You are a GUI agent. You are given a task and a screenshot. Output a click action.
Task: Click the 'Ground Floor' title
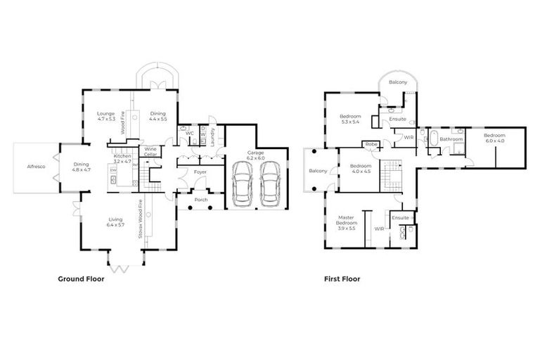pyautogui.click(x=81, y=279)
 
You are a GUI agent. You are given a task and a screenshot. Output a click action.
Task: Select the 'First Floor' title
pyautogui.click(x=342, y=279)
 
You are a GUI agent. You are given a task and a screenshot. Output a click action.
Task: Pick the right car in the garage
pyautogui.click(x=271, y=184)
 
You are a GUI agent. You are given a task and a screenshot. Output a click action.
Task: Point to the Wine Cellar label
pyautogui.click(x=150, y=151)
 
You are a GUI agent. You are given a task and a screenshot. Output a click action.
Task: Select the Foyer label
pyautogui.click(x=200, y=171)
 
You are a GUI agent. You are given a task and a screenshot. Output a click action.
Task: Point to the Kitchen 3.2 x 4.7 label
pyautogui.click(x=123, y=158)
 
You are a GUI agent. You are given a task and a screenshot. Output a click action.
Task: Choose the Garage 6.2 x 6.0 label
pyautogui.click(x=255, y=155)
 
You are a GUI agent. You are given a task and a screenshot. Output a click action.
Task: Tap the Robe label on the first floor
pyautogui.click(x=370, y=144)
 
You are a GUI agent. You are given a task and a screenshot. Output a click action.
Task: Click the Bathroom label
pyautogui.click(x=451, y=139)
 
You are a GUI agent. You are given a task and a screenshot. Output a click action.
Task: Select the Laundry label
pyautogui.click(x=212, y=134)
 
